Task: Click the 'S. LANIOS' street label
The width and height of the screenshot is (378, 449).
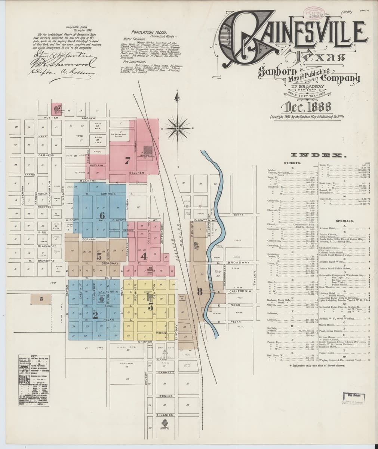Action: (x=163, y=415)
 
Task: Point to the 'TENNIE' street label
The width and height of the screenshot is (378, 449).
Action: (x=165, y=396)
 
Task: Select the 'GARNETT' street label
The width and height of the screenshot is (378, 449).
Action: (x=165, y=373)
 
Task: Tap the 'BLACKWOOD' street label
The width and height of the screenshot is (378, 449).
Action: (x=46, y=247)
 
